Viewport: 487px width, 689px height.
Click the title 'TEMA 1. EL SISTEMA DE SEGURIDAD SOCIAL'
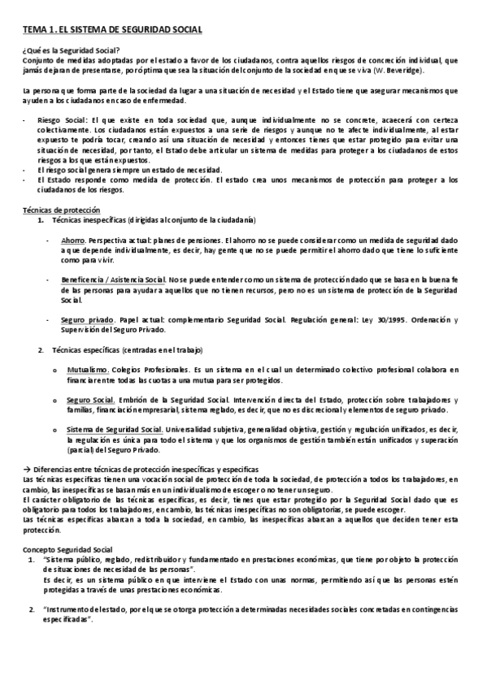point(112,30)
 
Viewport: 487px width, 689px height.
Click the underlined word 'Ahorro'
point(73,240)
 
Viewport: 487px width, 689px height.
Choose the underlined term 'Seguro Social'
point(90,401)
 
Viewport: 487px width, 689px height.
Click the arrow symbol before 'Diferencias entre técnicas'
point(26,470)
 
